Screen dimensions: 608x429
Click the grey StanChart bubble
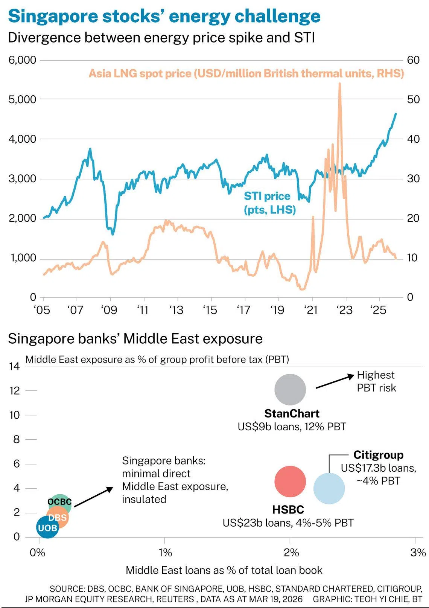coord(290,390)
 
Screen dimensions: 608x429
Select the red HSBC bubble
coord(290,482)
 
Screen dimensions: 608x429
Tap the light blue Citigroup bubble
coord(329,489)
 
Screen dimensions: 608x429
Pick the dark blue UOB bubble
coord(47,527)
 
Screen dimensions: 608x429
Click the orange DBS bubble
coord(58,517)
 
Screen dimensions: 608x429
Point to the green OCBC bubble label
coord(59,502)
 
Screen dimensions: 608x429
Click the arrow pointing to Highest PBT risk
coord(335,381)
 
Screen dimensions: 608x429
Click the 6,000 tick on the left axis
coord(22,60)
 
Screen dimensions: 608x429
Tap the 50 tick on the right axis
coord(413,99)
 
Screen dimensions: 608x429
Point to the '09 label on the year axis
coord(109,310)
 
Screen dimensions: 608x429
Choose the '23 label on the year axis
coord(344,310)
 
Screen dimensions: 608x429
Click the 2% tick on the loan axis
coord(291,552)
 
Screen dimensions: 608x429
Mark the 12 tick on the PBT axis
coord(15,391)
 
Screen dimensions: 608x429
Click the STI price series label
coord(269,203)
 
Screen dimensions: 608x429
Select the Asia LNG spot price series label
coord(246,73)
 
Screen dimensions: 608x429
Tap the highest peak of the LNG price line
coord(339,84)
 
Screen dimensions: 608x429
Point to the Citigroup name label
coord(378,455)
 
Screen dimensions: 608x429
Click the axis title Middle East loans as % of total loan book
coord(224,570)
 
